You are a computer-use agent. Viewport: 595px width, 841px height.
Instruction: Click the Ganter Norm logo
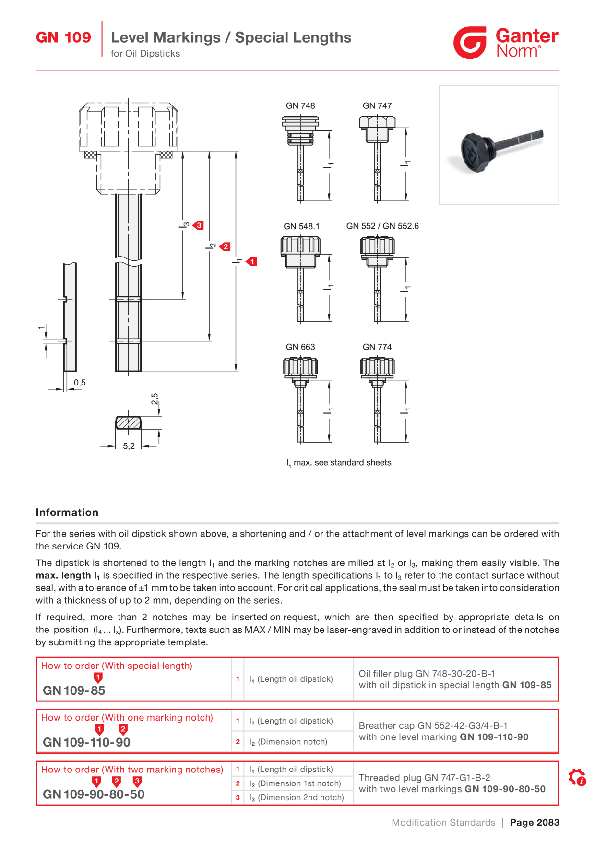pos(506,43)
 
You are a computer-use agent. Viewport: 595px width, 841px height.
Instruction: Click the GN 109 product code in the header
pos(63,37)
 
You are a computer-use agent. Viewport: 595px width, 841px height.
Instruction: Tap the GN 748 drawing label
pos(300,105)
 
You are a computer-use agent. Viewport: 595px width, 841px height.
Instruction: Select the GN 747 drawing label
pos(377,105)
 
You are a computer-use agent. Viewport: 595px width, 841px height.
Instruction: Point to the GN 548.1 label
pos(301,226)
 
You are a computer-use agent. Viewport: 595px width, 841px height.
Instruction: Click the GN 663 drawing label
pos(300,347)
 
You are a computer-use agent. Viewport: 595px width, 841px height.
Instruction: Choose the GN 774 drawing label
pos(377,347)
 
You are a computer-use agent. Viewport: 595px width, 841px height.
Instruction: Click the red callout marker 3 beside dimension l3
pos(199,225)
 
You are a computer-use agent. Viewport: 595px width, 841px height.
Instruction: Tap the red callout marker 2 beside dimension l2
pos(225,246)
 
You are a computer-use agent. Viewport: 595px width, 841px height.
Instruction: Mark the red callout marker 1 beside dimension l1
pos(251,261)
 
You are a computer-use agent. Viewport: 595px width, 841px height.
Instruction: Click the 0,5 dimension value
pos(80,383)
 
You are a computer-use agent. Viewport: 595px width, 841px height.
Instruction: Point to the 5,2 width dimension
pos(129,446)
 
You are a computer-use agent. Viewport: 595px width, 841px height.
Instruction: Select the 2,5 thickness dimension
pos(155,399)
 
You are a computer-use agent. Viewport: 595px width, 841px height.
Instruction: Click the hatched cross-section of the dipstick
pos(128,422)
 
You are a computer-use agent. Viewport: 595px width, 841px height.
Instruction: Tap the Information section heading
pos(67,512)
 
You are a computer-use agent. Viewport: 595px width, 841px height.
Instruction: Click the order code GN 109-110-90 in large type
pos(86,742)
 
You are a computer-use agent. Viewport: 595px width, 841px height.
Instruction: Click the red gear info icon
pos(577,777)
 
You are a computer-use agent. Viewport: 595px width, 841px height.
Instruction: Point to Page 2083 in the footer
pos(535,822)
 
